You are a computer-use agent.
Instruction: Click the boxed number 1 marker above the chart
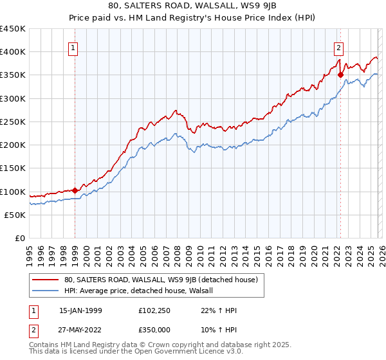coord(73,48)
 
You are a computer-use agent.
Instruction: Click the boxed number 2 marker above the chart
coord(338,46)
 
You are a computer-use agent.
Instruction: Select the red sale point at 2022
coord(340,75)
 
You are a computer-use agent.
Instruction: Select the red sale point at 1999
coord(75,190)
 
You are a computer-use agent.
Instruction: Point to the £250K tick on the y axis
coord(13,122)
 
